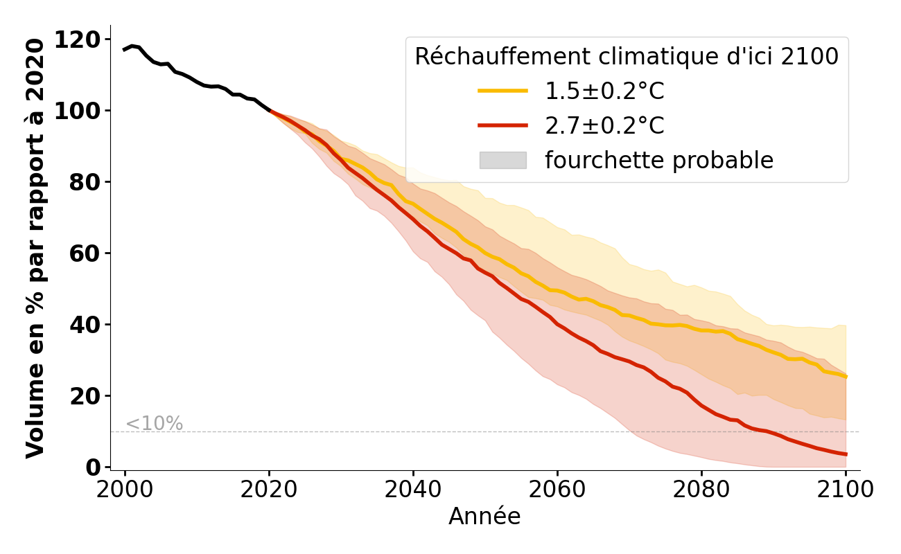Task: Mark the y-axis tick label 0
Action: click(94, 467)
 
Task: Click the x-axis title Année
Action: click(484, 517)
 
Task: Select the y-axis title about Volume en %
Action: click(35, 248)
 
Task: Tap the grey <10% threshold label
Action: click(154, 424)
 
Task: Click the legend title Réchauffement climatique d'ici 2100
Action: click(627, 57)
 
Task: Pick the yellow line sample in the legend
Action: click(502, 91)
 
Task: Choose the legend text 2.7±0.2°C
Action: click(604, 126)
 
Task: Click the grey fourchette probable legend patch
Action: click(502, 161)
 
